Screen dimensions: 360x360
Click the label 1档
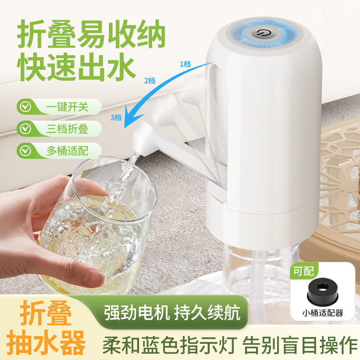point(185,64)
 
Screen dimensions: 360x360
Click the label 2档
point(149,81)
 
